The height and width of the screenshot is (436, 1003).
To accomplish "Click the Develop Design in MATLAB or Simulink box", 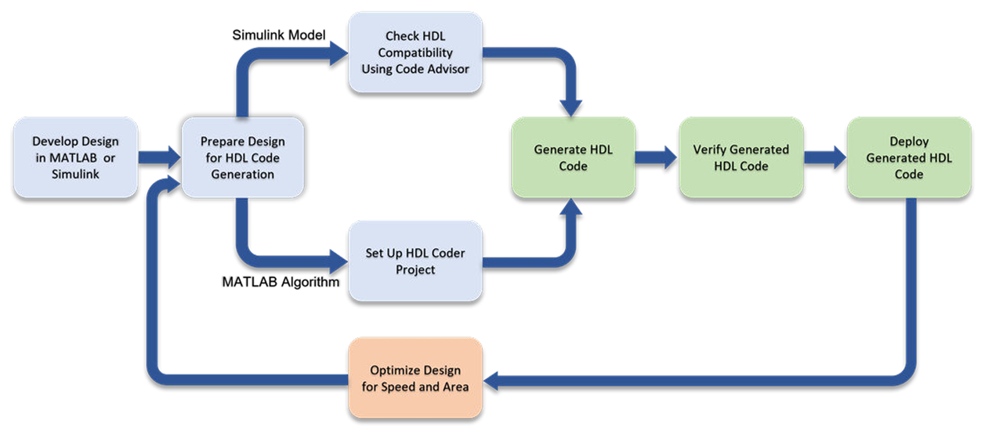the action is pos(76,157).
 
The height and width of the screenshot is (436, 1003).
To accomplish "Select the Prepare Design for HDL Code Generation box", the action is pos(243,157).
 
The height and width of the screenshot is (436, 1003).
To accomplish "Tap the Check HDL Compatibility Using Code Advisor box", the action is pos(415,52).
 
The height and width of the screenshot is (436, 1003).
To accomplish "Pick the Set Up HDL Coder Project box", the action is pos(415,261).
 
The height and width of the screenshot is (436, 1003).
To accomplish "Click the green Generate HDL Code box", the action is pos(573,157).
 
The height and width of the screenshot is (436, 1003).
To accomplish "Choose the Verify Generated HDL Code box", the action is pos(741,157).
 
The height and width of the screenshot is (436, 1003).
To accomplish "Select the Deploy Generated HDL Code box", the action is pos(909,157).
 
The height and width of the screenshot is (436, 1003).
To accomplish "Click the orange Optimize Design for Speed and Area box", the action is pos(415,378).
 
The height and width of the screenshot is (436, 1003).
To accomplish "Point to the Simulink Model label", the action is pos(279,35).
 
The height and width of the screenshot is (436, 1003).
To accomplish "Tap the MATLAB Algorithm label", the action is pos(281,282).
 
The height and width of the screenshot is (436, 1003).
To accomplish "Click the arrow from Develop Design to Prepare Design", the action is pos(159,157).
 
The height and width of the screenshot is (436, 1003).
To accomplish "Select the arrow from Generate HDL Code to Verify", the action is pos(657,157).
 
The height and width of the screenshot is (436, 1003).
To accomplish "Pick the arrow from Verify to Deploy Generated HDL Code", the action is pos(825,157).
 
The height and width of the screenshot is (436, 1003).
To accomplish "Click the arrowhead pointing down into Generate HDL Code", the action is pos(571,108).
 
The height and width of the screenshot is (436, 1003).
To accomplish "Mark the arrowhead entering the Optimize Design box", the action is pos(491,381).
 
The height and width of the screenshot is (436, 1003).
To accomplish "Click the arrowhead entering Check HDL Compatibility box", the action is pos(339,54).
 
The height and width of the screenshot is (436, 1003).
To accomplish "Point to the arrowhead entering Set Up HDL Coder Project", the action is pos(339,261).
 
